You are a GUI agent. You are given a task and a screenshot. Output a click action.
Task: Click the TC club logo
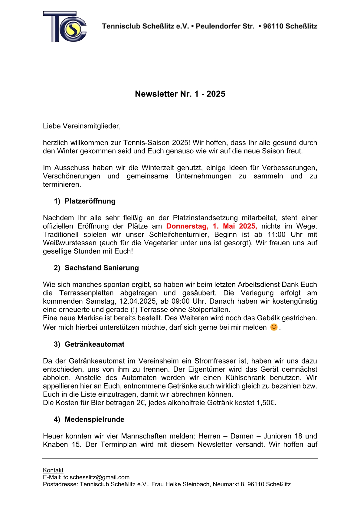(65, 27)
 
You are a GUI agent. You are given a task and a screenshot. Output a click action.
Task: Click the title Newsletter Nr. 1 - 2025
(180, 94)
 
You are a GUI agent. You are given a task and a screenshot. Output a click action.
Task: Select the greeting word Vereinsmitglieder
(91, 126)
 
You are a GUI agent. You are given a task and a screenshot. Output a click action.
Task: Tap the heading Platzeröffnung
(90, 201)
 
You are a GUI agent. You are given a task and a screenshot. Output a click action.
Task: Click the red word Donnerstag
(187, 226)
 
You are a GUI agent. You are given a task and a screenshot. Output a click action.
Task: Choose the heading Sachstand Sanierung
(102, 268)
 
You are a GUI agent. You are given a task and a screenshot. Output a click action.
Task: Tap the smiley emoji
(273, 327)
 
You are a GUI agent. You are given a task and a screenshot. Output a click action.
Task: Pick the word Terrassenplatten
(86, 293)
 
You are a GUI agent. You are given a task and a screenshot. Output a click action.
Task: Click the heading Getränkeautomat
(94, 344)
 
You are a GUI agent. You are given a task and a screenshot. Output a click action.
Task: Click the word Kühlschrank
(245, 378)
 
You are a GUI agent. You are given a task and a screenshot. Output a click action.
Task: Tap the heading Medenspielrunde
(94, 419)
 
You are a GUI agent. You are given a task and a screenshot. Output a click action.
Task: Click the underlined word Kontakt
(53, 470)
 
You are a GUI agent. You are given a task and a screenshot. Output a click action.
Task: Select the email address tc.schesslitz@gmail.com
(96, 477)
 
